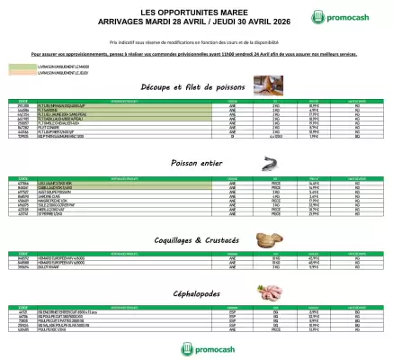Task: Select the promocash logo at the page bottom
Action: (196, 346)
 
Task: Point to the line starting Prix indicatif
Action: (196, 42)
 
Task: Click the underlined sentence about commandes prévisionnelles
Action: (196, 54)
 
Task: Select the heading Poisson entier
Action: (196, 164)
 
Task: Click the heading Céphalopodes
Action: (196, 293)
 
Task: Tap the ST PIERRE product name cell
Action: (49, 214)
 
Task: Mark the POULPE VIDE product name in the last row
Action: (49, 329)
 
